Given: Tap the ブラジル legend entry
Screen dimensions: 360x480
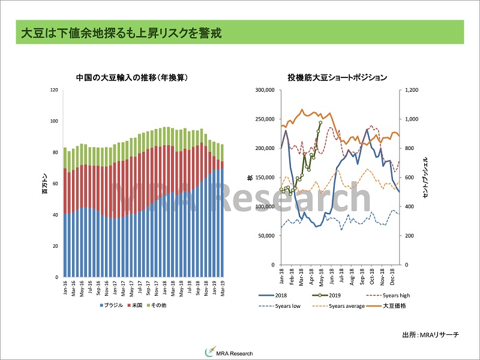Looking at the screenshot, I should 110,305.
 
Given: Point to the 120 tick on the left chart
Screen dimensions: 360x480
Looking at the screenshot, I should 54,90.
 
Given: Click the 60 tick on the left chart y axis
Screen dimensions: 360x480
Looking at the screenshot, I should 55,184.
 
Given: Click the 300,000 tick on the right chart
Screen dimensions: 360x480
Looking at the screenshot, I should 265,90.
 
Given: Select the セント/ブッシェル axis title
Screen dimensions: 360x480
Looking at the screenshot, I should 425,178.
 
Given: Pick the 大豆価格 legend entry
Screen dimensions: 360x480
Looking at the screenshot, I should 391,307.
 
